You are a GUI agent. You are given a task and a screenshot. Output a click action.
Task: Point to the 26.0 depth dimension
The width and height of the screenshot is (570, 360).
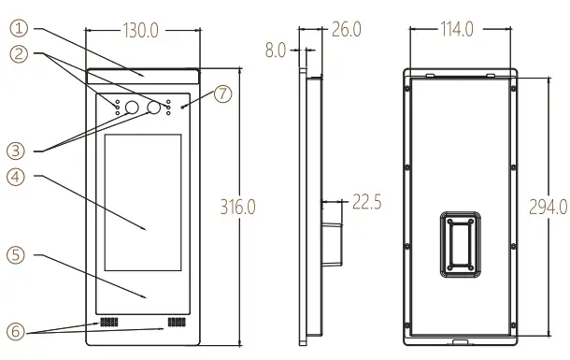click(x=346, y=30)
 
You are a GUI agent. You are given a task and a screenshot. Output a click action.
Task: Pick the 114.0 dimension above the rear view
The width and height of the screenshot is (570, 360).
click(x=456, y=30)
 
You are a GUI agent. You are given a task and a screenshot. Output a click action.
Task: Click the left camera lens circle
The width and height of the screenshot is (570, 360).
click(x=133, y=108)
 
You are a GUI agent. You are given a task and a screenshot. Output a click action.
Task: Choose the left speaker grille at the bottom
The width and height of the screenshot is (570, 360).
click(x=110, y=322)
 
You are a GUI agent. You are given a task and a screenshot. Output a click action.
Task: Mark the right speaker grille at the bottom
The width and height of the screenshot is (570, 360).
click(x=175, y=322)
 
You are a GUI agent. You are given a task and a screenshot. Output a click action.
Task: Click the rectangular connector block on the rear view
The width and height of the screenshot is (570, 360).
click(x=462, y=246)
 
